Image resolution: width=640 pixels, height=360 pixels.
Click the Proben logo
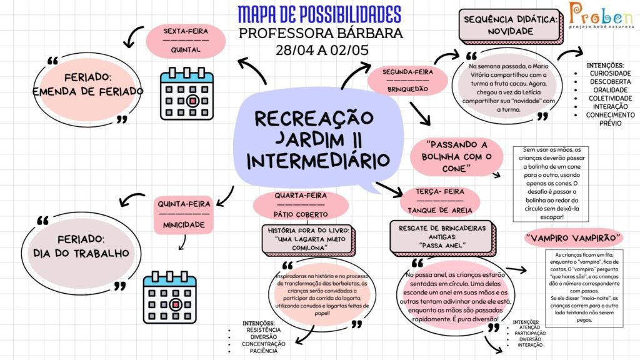(x=601, y=15)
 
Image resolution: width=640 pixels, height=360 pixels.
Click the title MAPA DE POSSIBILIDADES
(x=319, y=15)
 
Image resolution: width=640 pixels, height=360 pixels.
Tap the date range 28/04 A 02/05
(x=322, y=50)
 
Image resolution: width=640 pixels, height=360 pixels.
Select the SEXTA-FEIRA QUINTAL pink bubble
(x=186, y=41)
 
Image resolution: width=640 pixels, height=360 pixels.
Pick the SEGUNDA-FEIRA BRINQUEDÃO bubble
(x=407, y=81)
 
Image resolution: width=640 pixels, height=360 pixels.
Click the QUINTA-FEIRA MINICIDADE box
(x=184, y=215)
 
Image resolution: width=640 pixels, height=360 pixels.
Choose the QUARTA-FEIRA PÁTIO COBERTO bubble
(x=301, y=205)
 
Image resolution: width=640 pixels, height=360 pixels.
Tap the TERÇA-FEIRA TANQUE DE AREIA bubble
(x=440, y=201)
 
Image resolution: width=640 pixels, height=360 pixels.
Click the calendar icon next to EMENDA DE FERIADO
(x=187, y=94)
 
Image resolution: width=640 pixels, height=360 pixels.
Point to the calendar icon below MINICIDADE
(x=170, y=297)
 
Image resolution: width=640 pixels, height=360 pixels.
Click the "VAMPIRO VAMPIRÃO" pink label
(x=574, y=238)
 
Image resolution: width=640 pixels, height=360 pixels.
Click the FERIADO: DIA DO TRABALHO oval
(x=81, y=246)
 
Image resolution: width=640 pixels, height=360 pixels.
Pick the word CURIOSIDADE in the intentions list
(x=610, y=74)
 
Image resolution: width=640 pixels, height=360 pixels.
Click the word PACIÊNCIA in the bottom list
(x=264, y=351)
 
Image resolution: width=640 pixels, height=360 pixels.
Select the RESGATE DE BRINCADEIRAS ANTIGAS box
(x=442, y=237)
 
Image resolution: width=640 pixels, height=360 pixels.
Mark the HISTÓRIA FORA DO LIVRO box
(x=309, y=239)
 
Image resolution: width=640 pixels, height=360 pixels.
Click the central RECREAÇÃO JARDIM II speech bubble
(x=318, y=141)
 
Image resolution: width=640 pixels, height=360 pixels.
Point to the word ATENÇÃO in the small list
(x=530, y=327)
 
